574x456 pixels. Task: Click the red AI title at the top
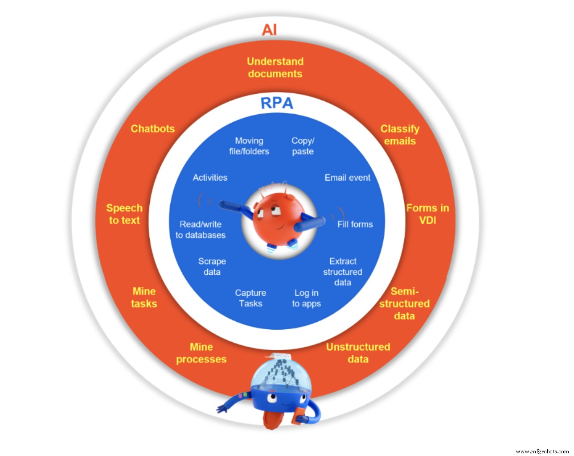270,30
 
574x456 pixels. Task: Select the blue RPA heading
277,103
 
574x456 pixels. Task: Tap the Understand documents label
275,67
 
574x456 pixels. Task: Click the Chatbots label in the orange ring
152,129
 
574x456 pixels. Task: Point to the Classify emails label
400,135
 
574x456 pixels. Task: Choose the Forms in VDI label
427,214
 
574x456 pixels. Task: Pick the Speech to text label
124,214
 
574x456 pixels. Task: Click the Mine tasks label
144,297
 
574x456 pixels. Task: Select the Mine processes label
201,353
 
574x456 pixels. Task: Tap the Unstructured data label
358,353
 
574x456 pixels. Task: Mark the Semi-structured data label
404,303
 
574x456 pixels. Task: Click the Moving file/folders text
249,146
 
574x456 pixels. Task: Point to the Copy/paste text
303,146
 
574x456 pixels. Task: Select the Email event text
347,178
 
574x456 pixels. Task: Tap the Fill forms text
355,224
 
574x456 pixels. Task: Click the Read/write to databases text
201,229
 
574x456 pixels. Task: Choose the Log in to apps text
307,298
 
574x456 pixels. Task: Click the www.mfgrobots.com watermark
542,451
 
